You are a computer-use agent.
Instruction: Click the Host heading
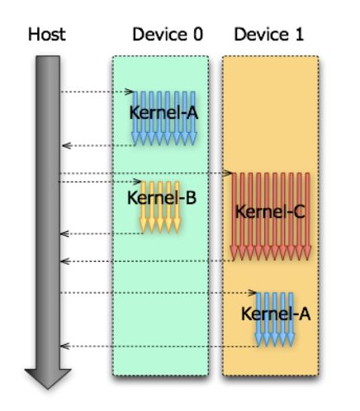pyautogui.click(x=47, y=35)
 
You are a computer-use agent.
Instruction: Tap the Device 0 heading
pyautogui.click(x=168, y=35)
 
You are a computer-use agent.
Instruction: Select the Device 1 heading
pyautogui.click(x=269, y=35)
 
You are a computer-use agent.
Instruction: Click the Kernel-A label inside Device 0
pyautogui.click(x=163, y=112)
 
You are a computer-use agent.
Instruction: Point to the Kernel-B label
pyautogui.click(x=162, y=198)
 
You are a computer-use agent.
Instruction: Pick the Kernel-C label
pyautogui.click(x=270, y=212)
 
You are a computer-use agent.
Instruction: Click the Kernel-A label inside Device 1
pyautogui.click(x=276, y=314)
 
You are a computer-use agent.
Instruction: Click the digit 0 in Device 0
pyautogui.click(x=198, y=35)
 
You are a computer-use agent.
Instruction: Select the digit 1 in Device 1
pyautogui.click(x=300, y=35)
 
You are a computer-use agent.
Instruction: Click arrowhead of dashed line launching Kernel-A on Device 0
pyautogui.click(x=129, y=92)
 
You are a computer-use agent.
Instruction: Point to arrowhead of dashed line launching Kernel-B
pyautogui.click(x=137, y=182)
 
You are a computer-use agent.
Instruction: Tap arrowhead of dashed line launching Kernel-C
pyautogui.click(x=228, y=173)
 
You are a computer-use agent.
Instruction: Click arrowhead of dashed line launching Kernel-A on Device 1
pyautogui.click(x=252, y=293)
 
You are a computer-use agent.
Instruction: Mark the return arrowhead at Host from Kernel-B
pyautogui.click(x=64, y=234)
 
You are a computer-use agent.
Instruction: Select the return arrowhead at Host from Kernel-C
pyautogui.click(x=65, y=261)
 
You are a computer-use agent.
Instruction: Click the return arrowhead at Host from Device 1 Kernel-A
pyautogui.click(x=65, y=346)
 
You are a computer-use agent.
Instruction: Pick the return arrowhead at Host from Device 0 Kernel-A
pyautogui.click(x=67, y=145)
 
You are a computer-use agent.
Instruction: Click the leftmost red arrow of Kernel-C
pyautogui.click(x=234, y=216)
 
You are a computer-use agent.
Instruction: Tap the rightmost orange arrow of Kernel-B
pyautogui.click(x=177, y=207)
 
